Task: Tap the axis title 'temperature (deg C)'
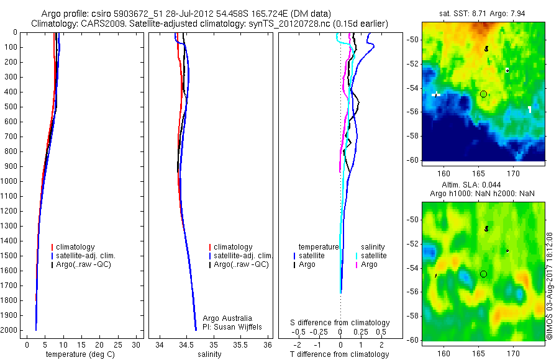click(x=78, y=354)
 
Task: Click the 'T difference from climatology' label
click(x=340, y=354)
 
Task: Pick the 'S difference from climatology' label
click(x=340, y=323)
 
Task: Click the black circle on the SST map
click(x=483, y=94)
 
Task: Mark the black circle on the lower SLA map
click(x=483, y=274)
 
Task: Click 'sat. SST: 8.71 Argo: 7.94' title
click(x=482, y=13)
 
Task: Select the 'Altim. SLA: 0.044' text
click(x=482, y=185)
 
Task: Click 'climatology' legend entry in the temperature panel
click(x=76, y=247)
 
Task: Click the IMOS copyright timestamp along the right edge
click(x=550, y=285)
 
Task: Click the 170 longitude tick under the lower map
click(x=513, y=353)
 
